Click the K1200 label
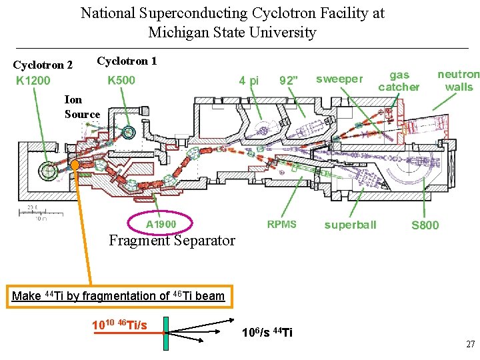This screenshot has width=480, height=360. coord(33,81)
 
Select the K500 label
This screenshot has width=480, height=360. coord(121,81)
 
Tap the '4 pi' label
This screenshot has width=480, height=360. coord(249,81)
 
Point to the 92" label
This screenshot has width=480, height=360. coord(289,81)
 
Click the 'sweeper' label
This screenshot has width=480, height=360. coord(339,79)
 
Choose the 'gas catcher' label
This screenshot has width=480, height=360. coord(399,81)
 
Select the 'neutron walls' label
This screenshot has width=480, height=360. coord(458,81)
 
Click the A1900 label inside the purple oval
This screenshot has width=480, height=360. coord(161,224)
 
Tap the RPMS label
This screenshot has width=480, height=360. coord(281,224)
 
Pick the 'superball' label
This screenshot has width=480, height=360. coord(350,225)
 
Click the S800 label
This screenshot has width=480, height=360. coord(425,225)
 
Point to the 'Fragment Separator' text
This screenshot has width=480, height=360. coord(172,241)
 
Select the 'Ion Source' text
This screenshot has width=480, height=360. coord(82,107)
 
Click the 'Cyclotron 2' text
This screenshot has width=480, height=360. coord(43,65)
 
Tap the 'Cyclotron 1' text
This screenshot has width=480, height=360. coord(127,61)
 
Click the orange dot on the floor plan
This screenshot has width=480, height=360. coord(75,164)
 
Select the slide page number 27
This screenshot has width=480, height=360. coord(470,345)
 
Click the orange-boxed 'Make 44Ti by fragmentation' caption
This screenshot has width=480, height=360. coord(119,296)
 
